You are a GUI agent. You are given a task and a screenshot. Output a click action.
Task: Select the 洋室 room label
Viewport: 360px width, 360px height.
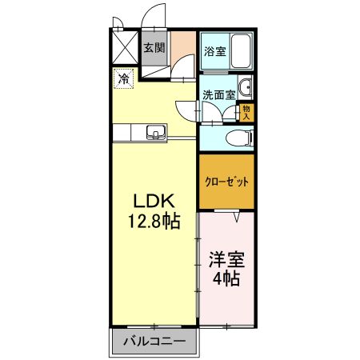(x=226, y=260)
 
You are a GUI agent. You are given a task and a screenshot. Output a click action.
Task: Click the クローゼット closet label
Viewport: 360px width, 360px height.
(x=227, y=182)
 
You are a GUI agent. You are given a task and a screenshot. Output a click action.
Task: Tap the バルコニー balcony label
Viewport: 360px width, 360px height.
(x=154, y=342)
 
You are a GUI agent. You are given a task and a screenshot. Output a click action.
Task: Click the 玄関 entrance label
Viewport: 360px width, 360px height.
(x=154, y=48)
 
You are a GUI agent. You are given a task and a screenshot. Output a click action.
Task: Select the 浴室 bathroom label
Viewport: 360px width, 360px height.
(x=214, y=52)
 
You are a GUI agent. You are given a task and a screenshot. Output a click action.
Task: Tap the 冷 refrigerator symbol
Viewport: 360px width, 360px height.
(x=124, y=78)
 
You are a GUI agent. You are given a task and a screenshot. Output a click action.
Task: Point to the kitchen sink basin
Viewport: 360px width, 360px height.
(x=154, y=132)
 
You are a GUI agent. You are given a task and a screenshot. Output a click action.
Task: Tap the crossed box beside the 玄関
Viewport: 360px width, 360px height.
(x=124, y=44)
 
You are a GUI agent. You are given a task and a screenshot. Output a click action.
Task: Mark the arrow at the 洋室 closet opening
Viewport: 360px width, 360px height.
(x=238, y=216)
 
